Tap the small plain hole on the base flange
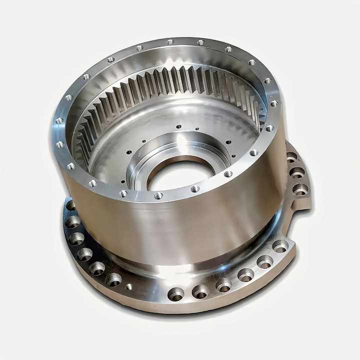(x=129, y=286)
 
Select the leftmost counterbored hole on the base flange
(x=70, y=205)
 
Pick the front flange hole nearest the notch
(x=280, y=246)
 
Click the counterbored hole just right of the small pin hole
(x=175, y=294)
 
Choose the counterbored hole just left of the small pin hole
(x=113, y=279)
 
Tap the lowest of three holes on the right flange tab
(x=300, y=189)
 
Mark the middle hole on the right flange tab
(x=297, y=172)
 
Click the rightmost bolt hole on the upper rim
(x=274, y=103)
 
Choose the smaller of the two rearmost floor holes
(x=197, y=128)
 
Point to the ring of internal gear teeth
(x=170, y=85)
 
